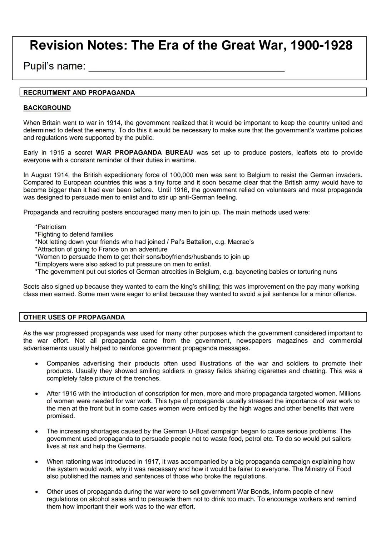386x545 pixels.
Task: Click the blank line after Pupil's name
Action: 186,68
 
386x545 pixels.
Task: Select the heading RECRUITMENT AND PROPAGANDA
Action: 79,93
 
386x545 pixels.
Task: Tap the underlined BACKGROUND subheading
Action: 47,108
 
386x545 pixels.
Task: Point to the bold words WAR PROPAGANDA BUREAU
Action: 144,153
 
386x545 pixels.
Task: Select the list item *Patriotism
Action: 50,227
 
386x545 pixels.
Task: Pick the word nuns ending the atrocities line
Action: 330,272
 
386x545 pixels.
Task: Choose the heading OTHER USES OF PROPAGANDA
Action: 74,317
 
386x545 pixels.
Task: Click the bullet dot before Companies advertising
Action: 36,364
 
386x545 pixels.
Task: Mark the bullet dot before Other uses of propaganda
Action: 36,492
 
